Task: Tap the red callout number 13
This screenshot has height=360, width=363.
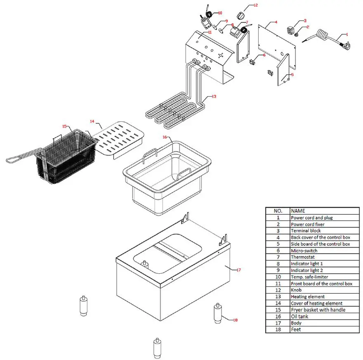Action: tap(214, 96)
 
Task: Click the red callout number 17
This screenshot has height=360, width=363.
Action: tap(238, 270)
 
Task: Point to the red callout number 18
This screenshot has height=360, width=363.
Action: tap(236, 320)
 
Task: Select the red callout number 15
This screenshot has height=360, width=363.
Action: tap(64, 126)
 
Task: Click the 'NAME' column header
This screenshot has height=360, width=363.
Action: tap(298, 211)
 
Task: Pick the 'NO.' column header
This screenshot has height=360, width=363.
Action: tap(278, 211)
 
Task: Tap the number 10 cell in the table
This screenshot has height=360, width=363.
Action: tap(278, 277)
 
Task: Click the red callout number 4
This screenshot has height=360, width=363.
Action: tap(276, 21)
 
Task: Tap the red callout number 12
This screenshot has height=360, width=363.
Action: tap(255, 5)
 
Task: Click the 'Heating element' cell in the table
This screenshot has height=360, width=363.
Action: tap(307, 297)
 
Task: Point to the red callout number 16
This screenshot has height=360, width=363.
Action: tap(164, 136)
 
